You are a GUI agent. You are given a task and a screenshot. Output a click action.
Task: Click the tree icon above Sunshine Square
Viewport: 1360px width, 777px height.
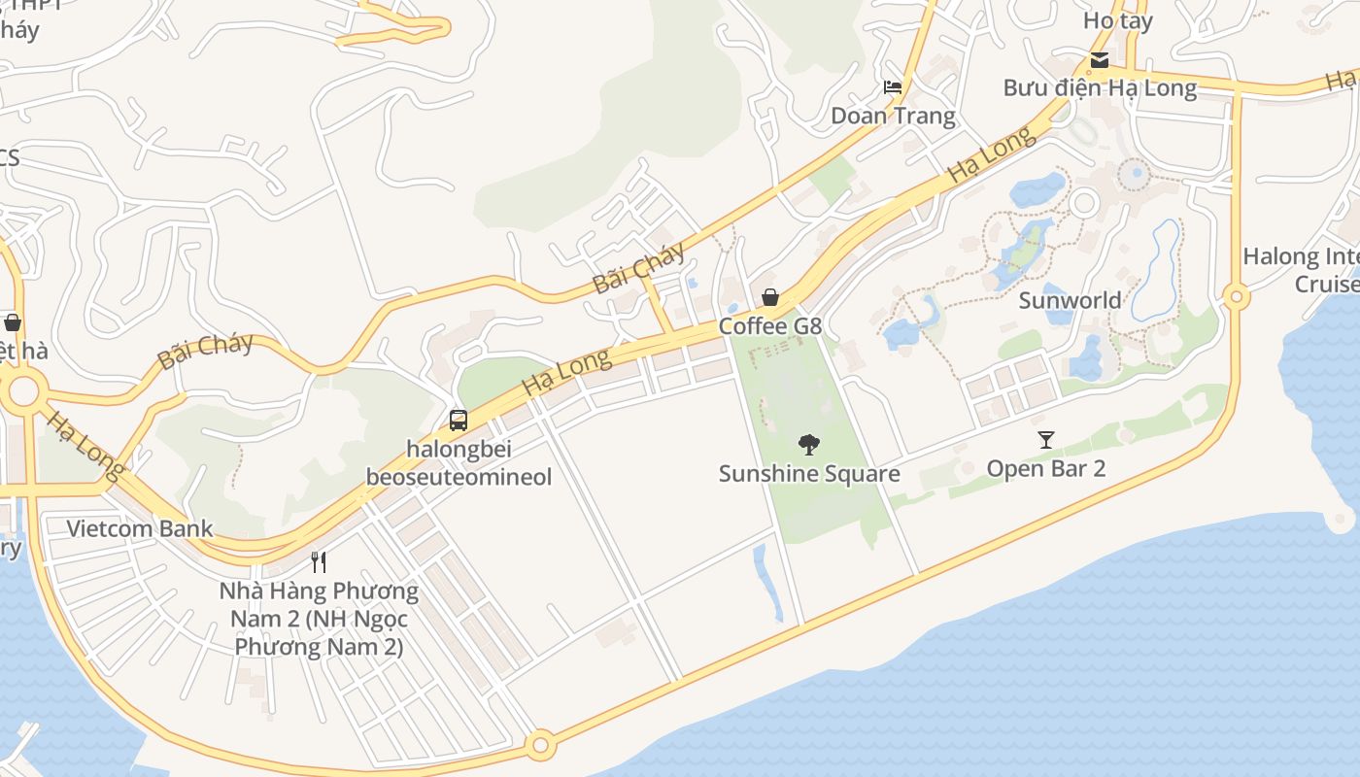pos(808,445)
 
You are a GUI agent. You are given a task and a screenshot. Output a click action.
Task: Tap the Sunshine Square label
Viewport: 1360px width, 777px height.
pos(809,474)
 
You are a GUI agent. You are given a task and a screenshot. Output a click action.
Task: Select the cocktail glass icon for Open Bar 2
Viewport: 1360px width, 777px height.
pos(1045,440)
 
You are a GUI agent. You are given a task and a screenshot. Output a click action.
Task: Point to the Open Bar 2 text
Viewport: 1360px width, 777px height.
pos(1045,469)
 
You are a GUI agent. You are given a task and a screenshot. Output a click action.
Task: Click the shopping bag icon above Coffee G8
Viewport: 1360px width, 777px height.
pos(770,297)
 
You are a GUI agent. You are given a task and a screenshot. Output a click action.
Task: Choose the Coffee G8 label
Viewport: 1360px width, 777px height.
pos(770,326)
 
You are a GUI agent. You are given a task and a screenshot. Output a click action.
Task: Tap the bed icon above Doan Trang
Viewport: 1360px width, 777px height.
pos(893,87)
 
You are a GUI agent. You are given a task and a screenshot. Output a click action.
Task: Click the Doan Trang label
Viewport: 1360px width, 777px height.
pos(893,117)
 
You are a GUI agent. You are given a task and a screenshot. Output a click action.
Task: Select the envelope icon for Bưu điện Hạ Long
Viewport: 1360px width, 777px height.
pos(1100,59)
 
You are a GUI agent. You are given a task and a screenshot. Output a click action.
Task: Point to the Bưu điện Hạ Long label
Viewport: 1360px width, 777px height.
pos(1100,87)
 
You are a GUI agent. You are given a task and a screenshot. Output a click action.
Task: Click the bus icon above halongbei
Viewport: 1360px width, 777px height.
pos(459,421)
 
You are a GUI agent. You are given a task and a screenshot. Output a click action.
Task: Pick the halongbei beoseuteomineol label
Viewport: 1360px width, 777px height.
pos(459,463)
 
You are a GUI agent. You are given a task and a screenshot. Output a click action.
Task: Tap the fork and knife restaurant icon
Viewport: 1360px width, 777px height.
pos(318,561)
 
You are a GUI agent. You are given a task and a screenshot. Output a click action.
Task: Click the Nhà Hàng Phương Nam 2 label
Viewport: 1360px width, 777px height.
pos(319,619)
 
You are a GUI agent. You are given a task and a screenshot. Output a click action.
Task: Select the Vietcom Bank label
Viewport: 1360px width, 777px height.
pos(139,529)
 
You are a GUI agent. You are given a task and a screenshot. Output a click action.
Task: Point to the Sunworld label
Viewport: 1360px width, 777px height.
pos(1070,300)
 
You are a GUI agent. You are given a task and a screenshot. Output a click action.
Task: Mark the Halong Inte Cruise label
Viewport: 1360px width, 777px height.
pos(1302,270)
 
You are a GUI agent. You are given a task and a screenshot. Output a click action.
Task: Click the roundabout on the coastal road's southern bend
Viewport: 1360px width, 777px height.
pos(540,746)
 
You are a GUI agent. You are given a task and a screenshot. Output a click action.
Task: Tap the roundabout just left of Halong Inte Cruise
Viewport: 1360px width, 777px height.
pos(1236,296)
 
